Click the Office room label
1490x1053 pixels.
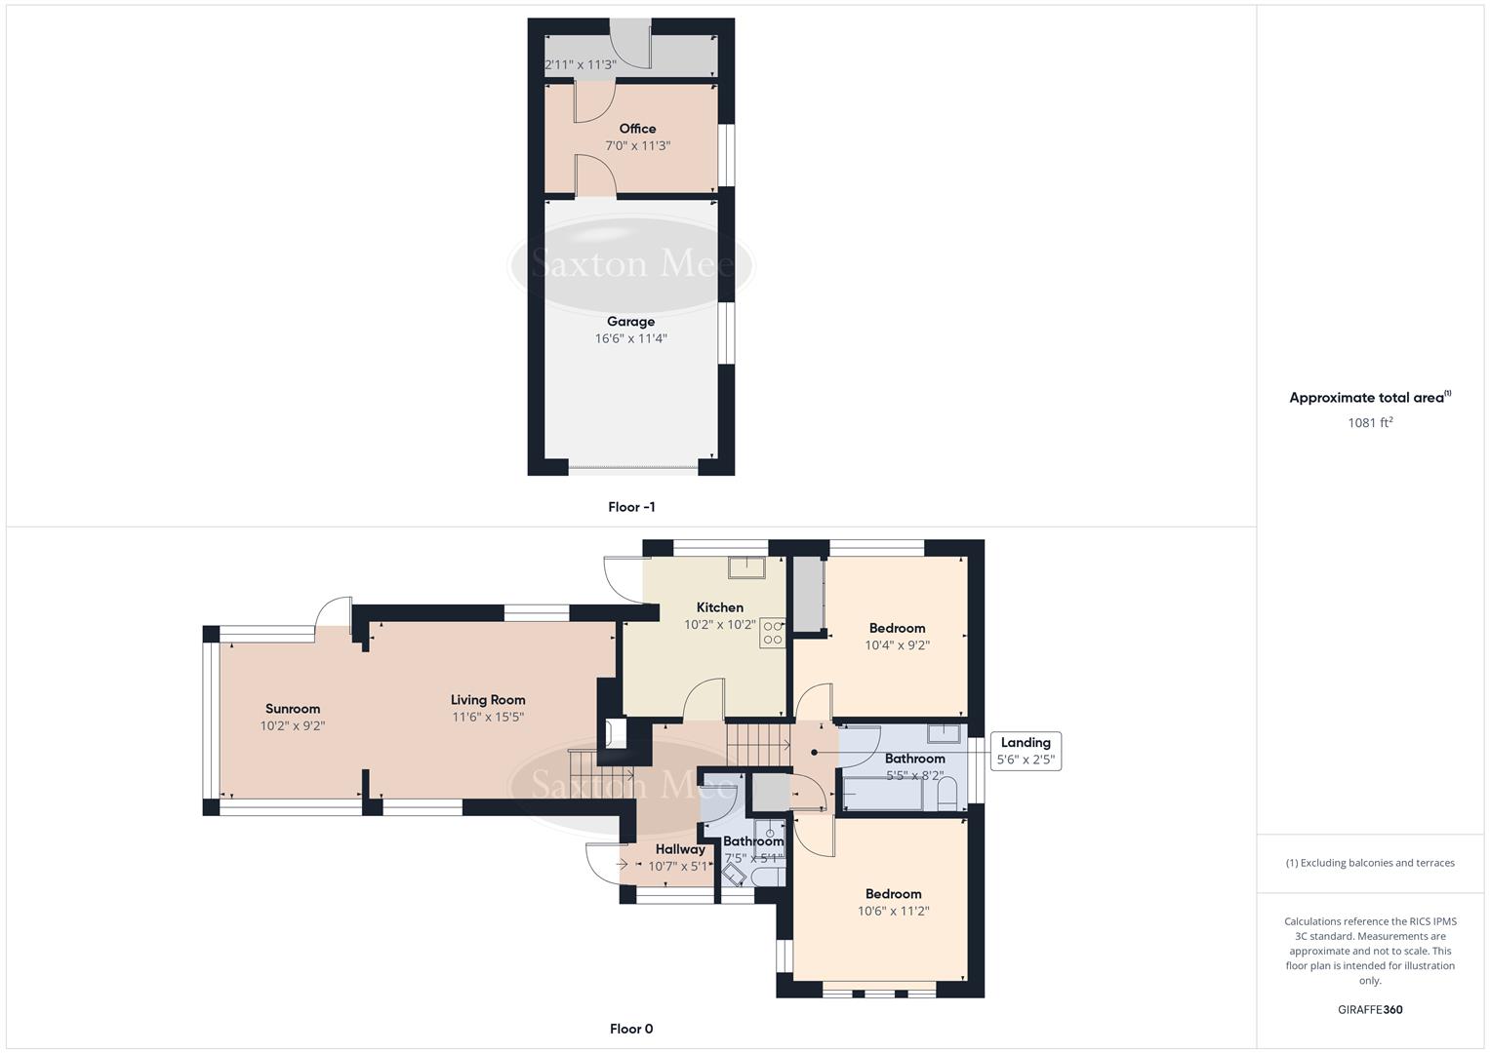coord(637,129)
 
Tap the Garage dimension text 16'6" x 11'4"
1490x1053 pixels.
coord(630,339)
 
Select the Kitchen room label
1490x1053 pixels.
coord(719,607)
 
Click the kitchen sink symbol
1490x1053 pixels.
coord(749,566)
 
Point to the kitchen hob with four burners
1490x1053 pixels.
coord(773,633)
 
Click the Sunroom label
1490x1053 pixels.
coord(293,709)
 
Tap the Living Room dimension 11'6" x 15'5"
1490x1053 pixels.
coord(488,718)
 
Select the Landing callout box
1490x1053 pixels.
coord(1025,751)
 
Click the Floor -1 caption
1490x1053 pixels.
coord(630,507)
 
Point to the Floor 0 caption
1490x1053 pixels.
coord(630,1029)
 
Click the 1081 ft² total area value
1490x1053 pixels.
coord(1369,423)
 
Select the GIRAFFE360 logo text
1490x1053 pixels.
coord(1369,1009)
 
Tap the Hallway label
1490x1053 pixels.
coord(679,849)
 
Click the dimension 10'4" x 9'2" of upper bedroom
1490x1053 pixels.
coord(897,645)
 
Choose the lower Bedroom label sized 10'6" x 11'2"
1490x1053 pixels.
coord(893,894)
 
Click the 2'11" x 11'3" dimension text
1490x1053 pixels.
coord(580,65)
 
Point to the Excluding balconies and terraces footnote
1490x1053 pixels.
coord(1369,863)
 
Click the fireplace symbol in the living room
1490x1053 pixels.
coord(615,733)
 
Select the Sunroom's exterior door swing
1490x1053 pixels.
coord(335,611)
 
